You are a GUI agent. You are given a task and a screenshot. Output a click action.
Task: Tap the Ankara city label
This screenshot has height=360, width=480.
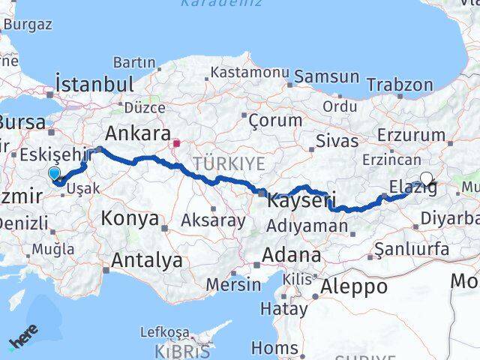point(137,133)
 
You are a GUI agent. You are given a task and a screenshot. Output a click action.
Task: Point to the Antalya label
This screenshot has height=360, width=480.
point(147,260)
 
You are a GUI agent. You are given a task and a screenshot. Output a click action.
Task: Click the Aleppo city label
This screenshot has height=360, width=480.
point(354,286)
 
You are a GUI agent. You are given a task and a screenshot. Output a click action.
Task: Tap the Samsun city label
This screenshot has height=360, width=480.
point(327,76)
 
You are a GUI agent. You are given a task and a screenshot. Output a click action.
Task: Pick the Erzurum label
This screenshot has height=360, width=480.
point(412,135)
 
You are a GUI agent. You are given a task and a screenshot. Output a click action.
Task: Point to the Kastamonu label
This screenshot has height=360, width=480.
point(249,73)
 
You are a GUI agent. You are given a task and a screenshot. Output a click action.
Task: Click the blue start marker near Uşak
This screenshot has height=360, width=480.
point(55,175)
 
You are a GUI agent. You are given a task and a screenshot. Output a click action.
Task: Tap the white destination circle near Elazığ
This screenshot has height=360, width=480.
point(427,178)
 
